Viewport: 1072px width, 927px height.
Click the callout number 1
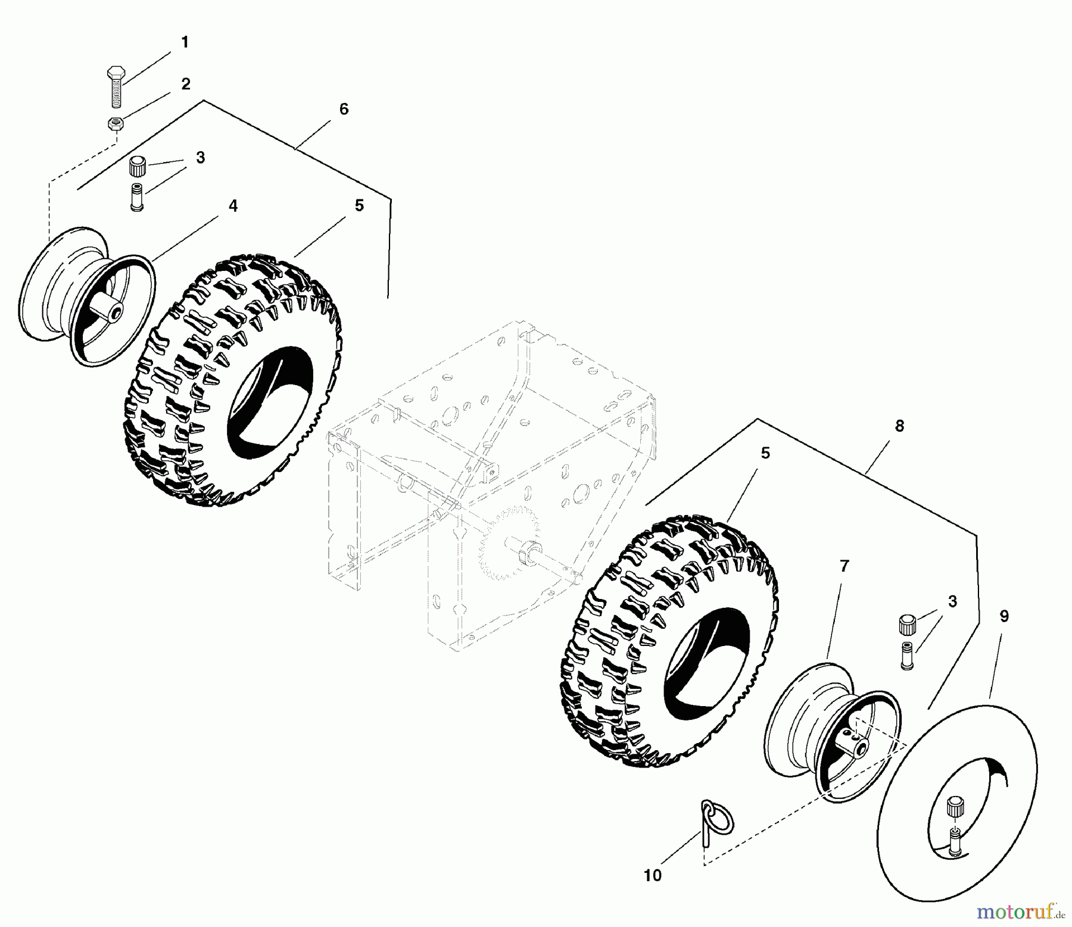pyautogui.click(x=184, y=42)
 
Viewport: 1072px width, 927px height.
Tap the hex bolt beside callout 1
pyautogui.click(x=116, y=86)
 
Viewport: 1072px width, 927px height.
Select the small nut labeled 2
pyautogui.click(x=114, y=124)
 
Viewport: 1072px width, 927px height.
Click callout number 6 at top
pyautogui.click(x=344, y=109)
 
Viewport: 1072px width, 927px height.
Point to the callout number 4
pyautogui.click(x=233, y=206)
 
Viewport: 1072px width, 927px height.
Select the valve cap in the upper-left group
pyautogui.click(x=138, y=165)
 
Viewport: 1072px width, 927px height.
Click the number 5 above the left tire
pyautogui.click(x=359, y=205)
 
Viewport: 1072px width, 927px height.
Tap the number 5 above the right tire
pyautogui.click(x=765, y=453)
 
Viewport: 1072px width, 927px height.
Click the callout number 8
pyautogui.click(x=899, y=426)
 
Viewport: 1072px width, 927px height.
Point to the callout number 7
pyautogui.click(x=844, y=566)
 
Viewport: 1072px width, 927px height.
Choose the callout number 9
pyautogui.click(x=1004, y=616)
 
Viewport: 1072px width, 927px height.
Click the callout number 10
pyautogui.click(x=653, y=876)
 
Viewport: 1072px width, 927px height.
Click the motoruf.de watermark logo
pyautogui.click(x=1019, y=910)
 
